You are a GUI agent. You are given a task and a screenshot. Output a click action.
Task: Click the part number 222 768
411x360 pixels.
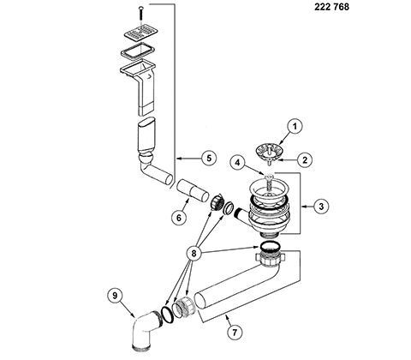(331, 7)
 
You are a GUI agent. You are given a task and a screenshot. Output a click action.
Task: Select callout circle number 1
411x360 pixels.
(295, 127)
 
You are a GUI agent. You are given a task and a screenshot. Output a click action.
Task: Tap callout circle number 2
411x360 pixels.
(305, 159)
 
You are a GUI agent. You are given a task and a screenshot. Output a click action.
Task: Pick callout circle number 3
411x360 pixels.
(321, 207)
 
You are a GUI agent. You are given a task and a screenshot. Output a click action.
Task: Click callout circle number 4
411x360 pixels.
(237, 163)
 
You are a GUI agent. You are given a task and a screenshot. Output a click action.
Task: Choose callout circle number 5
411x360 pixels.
(209, 158)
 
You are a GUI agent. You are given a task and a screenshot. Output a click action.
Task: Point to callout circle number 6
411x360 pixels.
(179, 218)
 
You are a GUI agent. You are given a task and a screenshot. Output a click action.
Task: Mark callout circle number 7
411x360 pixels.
(235, 333)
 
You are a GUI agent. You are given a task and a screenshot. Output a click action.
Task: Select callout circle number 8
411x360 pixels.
(194, 254)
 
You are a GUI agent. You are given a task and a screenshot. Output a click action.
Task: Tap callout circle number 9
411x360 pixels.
(115, 296)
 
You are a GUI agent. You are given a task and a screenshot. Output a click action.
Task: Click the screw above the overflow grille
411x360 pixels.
(141, 13)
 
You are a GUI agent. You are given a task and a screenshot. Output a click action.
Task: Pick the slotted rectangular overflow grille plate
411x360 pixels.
(141, 32)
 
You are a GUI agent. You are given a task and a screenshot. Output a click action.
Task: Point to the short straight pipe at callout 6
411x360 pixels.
(193, 191)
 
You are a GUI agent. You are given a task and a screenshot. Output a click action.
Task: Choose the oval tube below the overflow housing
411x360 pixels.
(146, 135)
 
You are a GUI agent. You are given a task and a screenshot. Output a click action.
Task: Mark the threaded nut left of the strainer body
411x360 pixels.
(217, 202)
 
